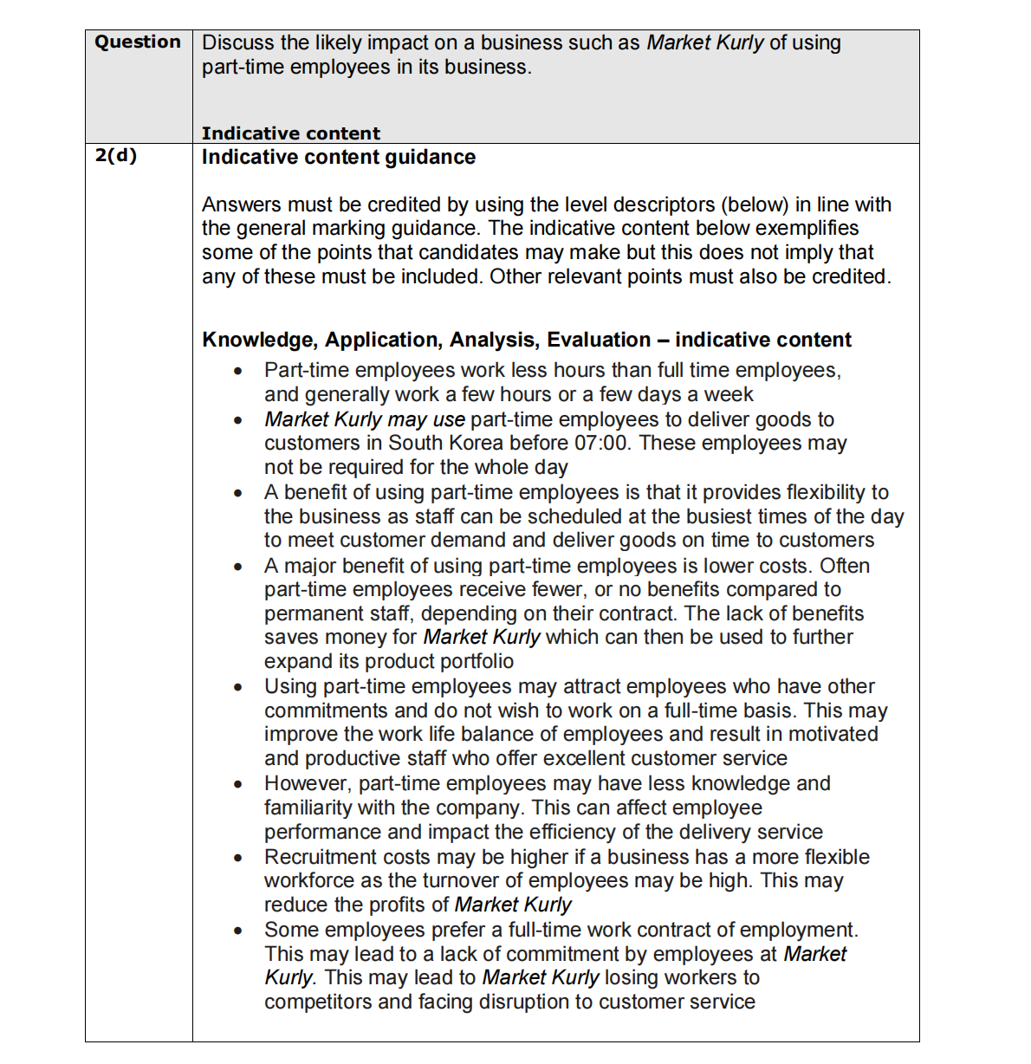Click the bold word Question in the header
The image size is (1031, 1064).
point(138,42)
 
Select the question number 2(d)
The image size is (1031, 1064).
point(116,155)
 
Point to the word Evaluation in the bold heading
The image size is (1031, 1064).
point(598,340)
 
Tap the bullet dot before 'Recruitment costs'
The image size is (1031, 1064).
point(237,858)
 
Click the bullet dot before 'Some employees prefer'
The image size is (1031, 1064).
point(237,931)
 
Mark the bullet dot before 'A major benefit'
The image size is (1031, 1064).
point(237,567)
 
